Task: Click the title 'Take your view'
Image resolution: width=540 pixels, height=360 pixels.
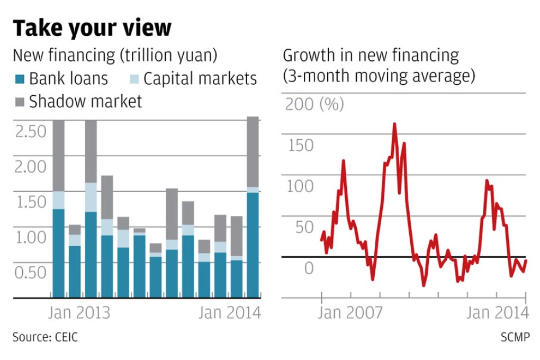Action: [x=92, y=28]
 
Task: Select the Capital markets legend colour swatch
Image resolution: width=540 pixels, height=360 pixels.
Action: [x=134, y=79]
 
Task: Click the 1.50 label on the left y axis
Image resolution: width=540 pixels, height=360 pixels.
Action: [x=31, y=202]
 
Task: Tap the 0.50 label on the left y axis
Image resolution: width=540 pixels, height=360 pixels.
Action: [x=31, y=272]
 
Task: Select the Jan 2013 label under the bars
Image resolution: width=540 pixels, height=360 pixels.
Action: [x=79, y=313]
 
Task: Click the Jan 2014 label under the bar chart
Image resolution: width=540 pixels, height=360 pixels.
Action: [x=229, y=313]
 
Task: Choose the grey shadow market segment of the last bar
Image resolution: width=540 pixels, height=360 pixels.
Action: [x=253, y=151]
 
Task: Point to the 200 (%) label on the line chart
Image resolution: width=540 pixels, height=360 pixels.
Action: [x=314, y=104]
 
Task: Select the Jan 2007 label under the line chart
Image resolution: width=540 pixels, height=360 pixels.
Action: [x=350, y=313]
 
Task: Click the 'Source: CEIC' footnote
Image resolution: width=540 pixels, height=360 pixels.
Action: [x=45, y=337]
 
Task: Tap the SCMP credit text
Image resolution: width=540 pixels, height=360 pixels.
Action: [x=514, y=337]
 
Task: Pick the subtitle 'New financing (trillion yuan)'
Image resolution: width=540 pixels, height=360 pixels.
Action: [x=115, y=56]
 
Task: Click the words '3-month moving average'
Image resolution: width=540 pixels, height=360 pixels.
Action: [x=379, y=76]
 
